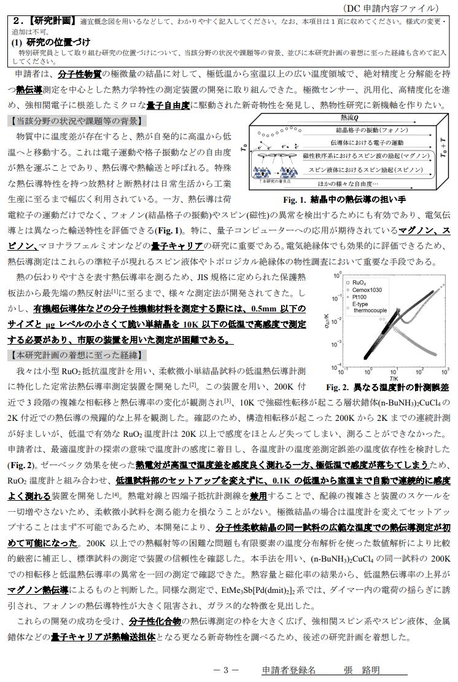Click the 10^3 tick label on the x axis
click(x=444, y=372)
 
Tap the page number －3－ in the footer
click(x=225, y=670)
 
